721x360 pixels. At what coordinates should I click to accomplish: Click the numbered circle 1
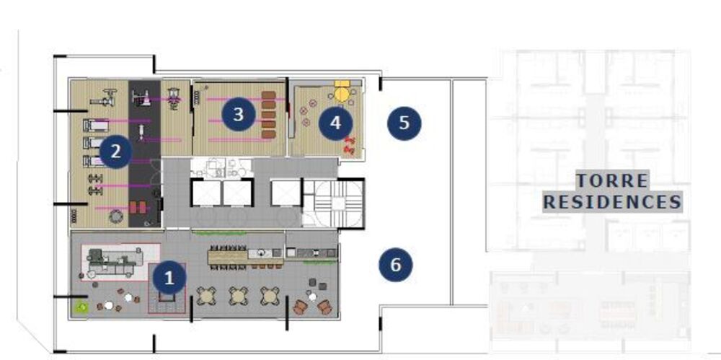point(169,277)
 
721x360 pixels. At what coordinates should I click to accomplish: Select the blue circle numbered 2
point(116,152)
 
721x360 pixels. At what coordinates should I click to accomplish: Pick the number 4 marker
point(335,123)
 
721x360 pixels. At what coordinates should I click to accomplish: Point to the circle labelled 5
point(404,122)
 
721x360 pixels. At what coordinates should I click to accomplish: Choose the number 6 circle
point(395,265)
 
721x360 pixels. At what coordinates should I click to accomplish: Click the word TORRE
point(611,180)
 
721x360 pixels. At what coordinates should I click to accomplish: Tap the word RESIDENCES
point(611,201)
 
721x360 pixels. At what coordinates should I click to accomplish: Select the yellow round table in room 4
point(341,93)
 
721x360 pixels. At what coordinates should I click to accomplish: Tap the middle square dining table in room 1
point(238,294)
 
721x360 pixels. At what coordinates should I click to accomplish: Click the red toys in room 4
point(350,144)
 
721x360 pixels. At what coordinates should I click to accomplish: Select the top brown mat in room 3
point(269,95)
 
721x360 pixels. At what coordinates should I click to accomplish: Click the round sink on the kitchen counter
point(260,253)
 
